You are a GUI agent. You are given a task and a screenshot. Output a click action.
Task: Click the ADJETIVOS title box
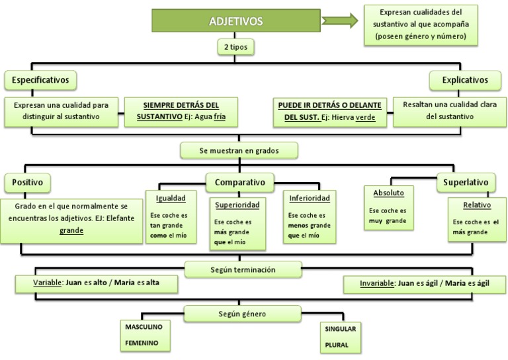(236, 21)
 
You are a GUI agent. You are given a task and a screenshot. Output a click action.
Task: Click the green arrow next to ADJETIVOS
(339, 21)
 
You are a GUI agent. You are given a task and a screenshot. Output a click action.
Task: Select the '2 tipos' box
(235, 47)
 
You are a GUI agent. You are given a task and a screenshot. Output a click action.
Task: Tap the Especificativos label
(41, 81)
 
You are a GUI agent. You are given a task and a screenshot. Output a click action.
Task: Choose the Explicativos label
(467, 81)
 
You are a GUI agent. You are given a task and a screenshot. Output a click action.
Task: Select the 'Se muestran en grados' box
(239, 151)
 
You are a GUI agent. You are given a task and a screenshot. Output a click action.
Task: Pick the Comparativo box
(239, 182)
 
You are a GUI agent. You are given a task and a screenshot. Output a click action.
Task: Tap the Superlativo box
(466, 182)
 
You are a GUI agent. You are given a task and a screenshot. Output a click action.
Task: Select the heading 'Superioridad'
(237, 204)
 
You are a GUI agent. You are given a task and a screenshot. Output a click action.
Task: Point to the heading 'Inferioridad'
(308, 198)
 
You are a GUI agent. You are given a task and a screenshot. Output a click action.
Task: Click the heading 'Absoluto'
(388, 193)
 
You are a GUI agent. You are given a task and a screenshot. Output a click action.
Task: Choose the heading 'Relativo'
(477, 205)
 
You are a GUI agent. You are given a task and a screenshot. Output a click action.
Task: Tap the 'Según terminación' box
(243, 270)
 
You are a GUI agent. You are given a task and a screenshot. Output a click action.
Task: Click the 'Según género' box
(242, 313)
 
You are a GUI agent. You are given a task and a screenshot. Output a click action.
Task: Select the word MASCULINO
(144, 327)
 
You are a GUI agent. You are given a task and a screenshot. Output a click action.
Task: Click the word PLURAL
(336, 345)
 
